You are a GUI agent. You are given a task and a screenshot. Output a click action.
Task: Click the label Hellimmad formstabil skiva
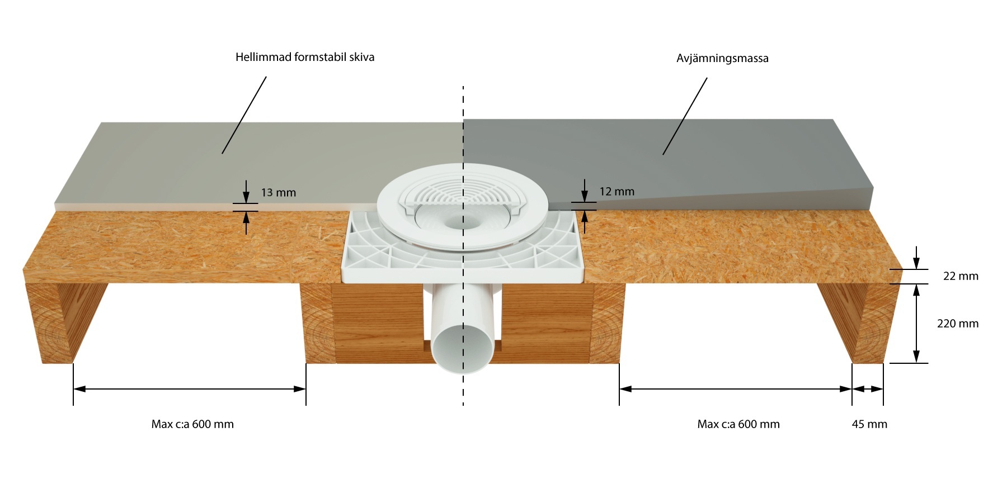pyautogui.click(x=305, y=57)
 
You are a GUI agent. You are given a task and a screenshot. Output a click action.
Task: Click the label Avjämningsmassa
pyautogui.click(x=722, y=58)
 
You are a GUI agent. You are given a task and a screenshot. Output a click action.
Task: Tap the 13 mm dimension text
pyautogui.click(x=279, y=193)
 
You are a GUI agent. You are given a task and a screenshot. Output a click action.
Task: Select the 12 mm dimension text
pyautogui.click(x=617, y=192)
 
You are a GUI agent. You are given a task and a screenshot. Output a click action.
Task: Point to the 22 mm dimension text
pyautogui.click(x=961, y=276)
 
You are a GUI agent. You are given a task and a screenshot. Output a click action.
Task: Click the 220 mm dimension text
pyautogui.click(x=958, y=324)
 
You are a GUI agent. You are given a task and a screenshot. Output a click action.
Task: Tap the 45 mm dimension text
pyautogui.click(x=869, y=424)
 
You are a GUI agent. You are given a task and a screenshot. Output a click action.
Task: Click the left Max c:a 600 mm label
pyautogui.click(x=192, y=424)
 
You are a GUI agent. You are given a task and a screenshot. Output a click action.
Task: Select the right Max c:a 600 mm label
pyautogui.click(x=738, y=424)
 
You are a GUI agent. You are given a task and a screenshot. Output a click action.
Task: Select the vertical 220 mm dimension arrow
pyautogui.click(x=916, y=324)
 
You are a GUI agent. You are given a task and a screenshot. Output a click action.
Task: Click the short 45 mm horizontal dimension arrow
pyautogui.click(x=868, y=389)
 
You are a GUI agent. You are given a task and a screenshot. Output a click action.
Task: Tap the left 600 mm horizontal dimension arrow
pyautogui.click(x=190, y=389)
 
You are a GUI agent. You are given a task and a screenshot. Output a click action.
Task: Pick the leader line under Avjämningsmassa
pyautogui.click(x=685, y=116)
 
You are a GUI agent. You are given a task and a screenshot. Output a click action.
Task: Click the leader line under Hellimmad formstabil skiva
pyautogui.click(x=244, y=115)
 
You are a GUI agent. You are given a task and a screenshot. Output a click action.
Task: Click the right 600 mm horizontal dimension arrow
pyautogui.click(x=736, y=389)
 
